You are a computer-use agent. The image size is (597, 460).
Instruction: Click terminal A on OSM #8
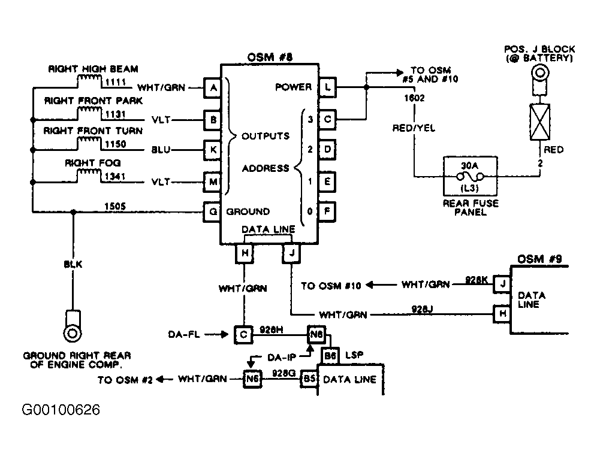pos(213,87)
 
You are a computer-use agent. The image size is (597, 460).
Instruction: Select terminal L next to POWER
pos(327,87)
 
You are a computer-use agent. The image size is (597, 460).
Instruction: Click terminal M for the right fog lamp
pos(213,182)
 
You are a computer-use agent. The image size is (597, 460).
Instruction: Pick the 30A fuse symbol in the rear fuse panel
pos(470,177)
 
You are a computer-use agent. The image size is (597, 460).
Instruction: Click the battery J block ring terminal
pos(539,72)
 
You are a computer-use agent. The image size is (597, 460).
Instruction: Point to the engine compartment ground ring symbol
pos(73,333)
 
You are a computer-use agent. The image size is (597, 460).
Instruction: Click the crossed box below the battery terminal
pos(539,122)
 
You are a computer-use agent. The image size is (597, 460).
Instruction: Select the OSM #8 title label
pos(270,57)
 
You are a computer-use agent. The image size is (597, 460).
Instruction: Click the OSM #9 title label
pos(539,259)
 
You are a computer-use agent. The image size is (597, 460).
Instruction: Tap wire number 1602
pos(414,98)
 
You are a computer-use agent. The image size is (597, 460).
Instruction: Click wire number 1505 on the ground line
pos(115,206)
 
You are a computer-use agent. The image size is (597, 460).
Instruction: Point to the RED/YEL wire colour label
pos(414,128)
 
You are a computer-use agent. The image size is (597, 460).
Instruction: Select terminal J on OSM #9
pos(502,284)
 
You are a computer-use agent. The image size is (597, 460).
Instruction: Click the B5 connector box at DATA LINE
pos(309,379)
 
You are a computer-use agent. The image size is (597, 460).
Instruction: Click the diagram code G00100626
pos(61,410)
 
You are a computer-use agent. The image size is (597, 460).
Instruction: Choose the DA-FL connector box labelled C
pos(243,334)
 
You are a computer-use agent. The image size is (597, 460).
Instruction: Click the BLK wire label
pos(73,264)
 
